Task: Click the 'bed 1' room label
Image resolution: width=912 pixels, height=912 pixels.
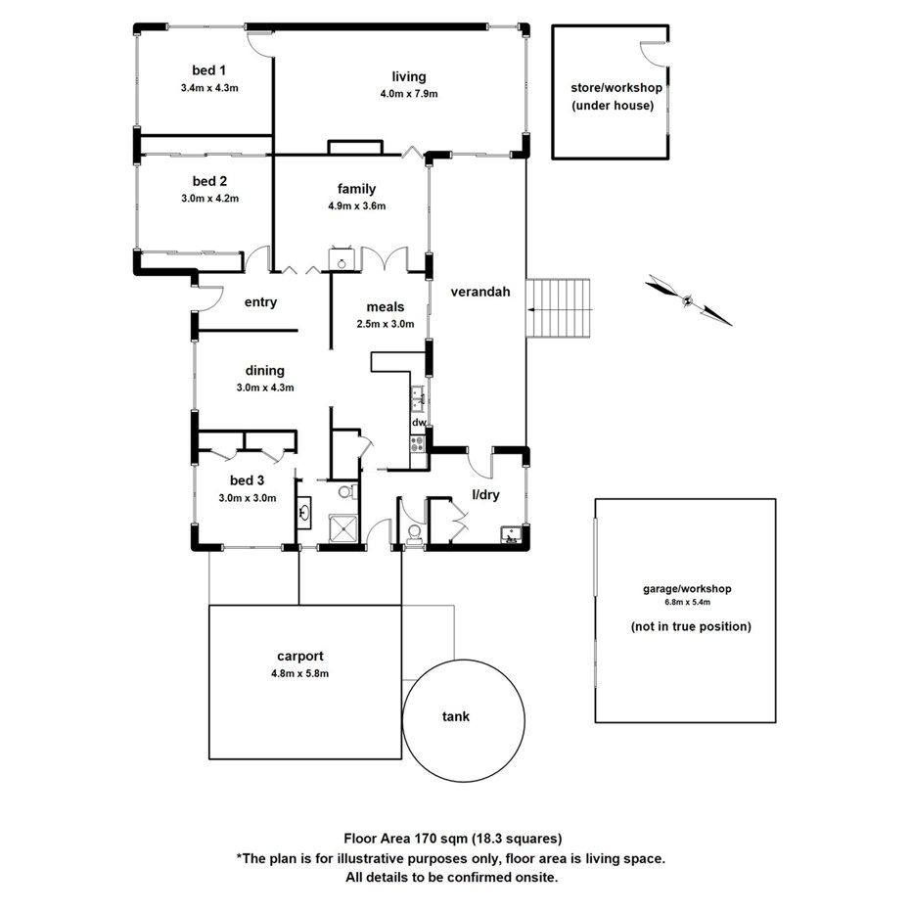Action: pyautogui.click(x=209, y=70)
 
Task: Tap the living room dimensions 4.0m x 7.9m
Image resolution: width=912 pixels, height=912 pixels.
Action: pyautogui.click(x=409, y=95)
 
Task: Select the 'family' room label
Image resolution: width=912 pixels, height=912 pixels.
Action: pyautogui.click(x=357, y=189)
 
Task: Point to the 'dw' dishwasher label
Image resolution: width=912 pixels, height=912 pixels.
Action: pyautogui.click(x=418, y=423)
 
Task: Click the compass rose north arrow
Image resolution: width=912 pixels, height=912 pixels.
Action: pyautogui.click(x=689, y=299)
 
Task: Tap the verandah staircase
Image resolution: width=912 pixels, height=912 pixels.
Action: pyautogui.click(x=560, y=307)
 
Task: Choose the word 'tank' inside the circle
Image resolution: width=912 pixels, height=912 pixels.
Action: pyautogui.click(x=456, y=716)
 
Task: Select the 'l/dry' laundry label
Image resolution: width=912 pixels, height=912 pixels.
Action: pyautogui.click(x=486, y=495)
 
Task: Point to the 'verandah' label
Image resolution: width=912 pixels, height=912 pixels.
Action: pyautogui.click(x=480, y=291)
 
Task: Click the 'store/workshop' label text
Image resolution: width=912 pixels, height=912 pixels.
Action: pyautogui.click(x=616, y=87)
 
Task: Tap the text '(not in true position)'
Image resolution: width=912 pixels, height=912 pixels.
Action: pyautogui.click(x=690, y=626)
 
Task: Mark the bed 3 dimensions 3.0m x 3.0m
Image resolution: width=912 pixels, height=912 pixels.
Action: pyautogui.click(x=248, y=497)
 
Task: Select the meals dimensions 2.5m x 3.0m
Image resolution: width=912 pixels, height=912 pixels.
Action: pyautogui.click(x=385, y=324)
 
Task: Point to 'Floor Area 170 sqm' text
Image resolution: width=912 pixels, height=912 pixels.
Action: pyautogui.click(x=403, y=838)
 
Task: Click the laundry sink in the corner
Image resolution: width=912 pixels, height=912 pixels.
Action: pyautogui.click(x=510, y=533)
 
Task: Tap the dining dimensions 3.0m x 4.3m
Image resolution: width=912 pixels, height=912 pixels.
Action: pyautogui.click(x=265, y=388)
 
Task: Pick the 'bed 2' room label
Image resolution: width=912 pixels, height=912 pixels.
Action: pyautogui.click(x=209, y=181)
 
